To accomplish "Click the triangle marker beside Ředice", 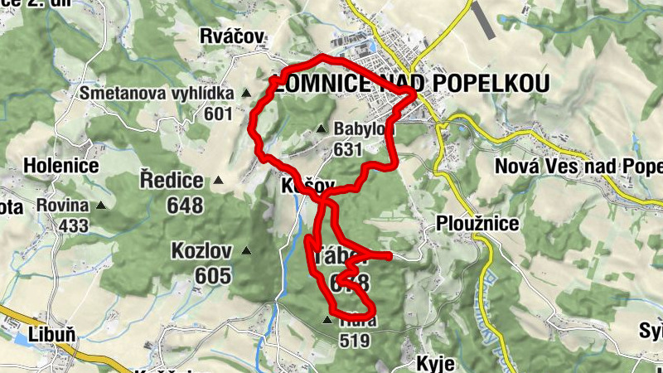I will pos(218,180).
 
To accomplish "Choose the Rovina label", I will pos(62,205).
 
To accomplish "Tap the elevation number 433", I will pos(74,225).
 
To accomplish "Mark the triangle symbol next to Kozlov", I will pos(246,250).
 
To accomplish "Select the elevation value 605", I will pos(214,275).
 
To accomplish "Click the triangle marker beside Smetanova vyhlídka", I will pos(245,94).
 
